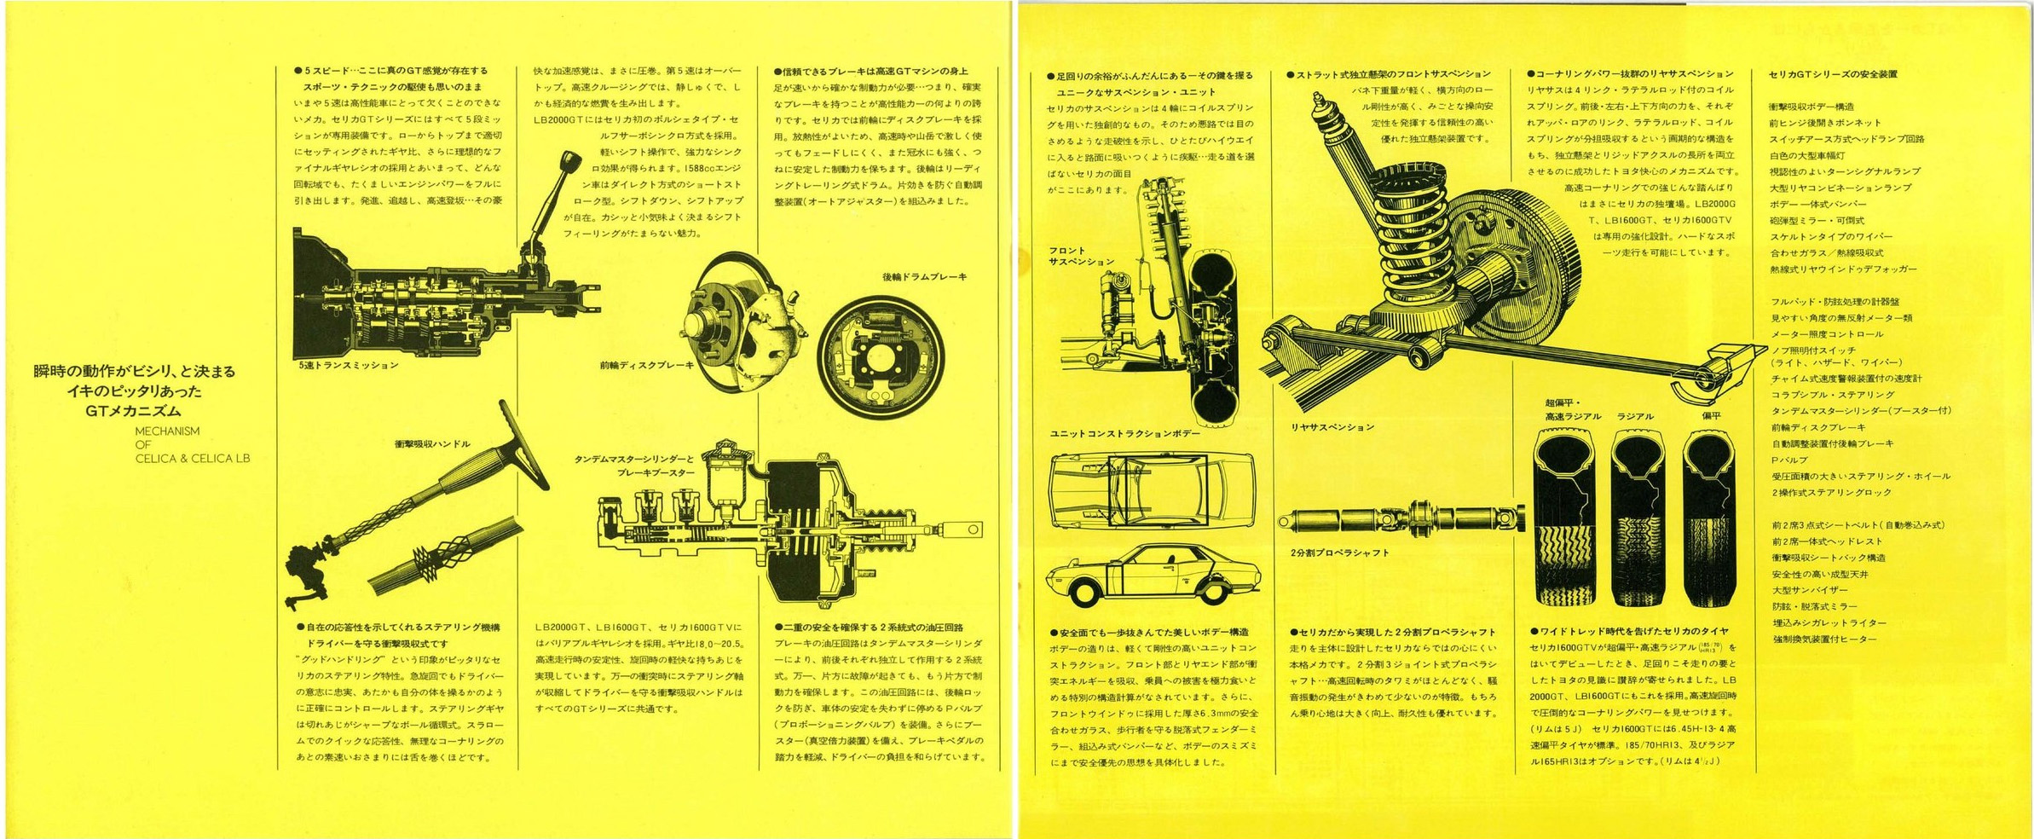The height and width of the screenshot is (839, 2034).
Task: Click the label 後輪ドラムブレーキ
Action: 924,277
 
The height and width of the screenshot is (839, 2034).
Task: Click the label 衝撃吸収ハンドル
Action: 432,444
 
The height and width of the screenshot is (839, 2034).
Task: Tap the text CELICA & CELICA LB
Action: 193,459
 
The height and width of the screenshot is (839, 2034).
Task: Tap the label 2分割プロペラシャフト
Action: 1339,553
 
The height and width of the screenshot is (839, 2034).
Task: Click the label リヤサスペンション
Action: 1332,427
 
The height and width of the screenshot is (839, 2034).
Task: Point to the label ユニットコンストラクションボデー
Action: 1124,434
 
